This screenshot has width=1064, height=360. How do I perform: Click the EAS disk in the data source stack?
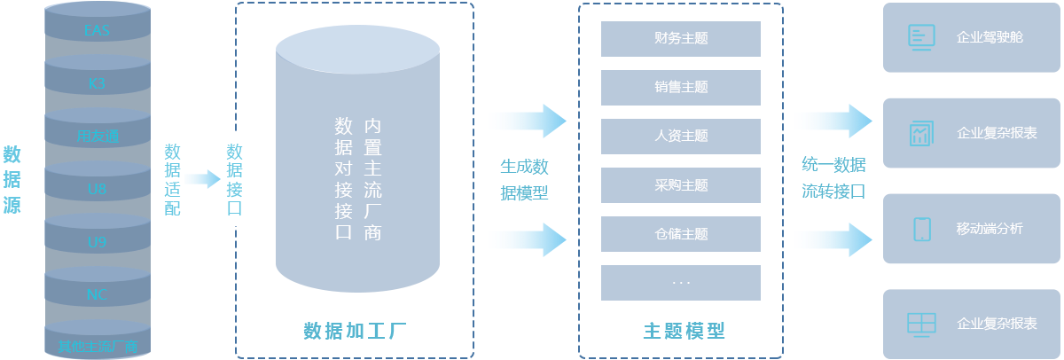click(x=97, y=31)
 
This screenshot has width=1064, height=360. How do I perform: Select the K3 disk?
click(x=97, y=84)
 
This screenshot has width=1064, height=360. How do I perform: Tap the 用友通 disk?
click(x=97, y=137)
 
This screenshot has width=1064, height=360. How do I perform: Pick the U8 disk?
click(x=97, y=189)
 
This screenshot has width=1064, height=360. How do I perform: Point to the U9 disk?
click(x=97, y=241)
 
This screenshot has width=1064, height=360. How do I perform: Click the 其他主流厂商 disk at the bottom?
click(x=97, y=345)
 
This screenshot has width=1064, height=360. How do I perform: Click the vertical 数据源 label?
click(x=12, y=180)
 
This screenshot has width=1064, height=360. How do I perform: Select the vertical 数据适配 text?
click(x=172, y=180)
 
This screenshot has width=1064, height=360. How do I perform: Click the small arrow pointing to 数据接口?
click(x=202, y=180)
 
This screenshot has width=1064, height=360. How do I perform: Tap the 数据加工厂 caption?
click(x=355, y=332)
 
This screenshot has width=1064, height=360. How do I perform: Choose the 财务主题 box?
click(x=681, y=39)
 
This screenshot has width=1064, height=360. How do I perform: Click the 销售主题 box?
click(x=681, y=88)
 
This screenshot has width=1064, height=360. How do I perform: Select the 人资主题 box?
click(x=681, y=137)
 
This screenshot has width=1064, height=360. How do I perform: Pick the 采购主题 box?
click(x=681, y=185)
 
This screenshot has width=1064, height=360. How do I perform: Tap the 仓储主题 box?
click(x=681, y=234)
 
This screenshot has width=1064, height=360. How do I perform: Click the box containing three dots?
click(x=681, y=282)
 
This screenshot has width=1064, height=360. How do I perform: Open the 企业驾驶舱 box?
click(x=973, y=37)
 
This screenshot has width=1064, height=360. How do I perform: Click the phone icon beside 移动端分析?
click(x=921, y=229)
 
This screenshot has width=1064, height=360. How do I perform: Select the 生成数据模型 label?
click(x=526, y=179)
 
